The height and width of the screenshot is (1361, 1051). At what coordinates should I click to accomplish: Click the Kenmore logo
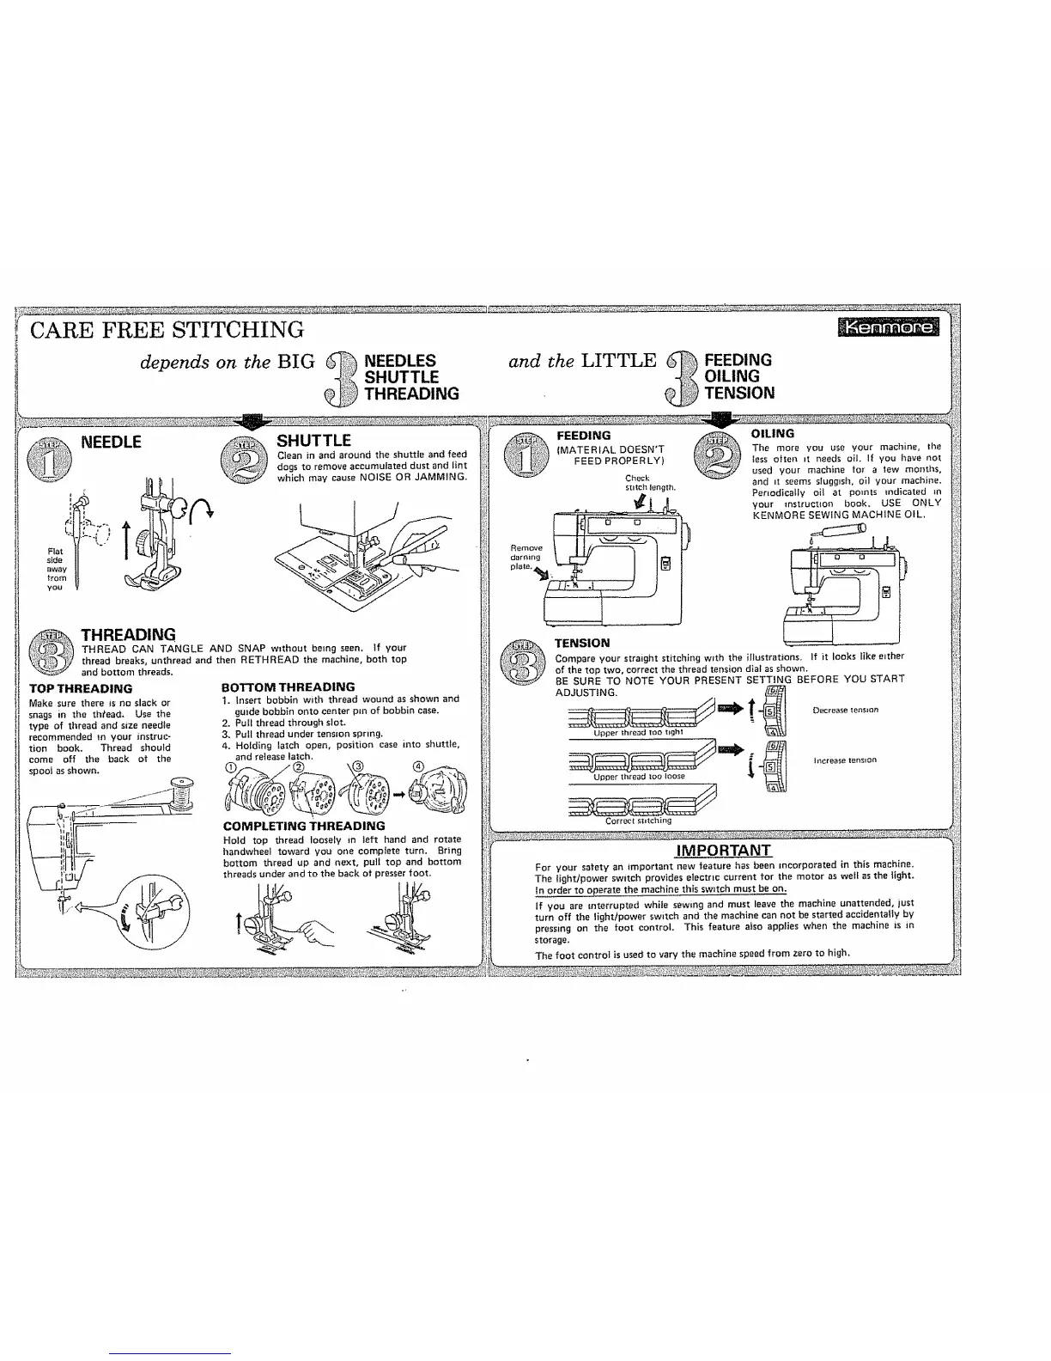[890, 327]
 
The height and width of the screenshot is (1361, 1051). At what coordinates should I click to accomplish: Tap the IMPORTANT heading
[725, 851]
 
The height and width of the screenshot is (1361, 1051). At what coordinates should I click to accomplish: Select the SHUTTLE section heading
[313, 441]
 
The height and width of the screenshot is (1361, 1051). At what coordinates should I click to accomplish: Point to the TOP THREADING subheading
[81, 688]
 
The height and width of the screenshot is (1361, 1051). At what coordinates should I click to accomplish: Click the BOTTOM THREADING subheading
[288, 687]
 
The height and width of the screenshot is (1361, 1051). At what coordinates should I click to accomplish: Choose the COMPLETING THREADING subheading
[303, 826]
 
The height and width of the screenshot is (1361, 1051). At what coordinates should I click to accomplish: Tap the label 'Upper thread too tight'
[637, 733]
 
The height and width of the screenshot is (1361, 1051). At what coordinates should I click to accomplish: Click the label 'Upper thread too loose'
[640, 776]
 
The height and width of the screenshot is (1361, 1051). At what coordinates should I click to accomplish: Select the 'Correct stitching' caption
[638, 821]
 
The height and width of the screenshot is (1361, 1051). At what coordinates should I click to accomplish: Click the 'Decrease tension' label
[845, 711]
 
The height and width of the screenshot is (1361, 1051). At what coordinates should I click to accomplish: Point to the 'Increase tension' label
[845, 760]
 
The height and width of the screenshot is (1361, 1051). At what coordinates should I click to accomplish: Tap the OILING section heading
[772, 434]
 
